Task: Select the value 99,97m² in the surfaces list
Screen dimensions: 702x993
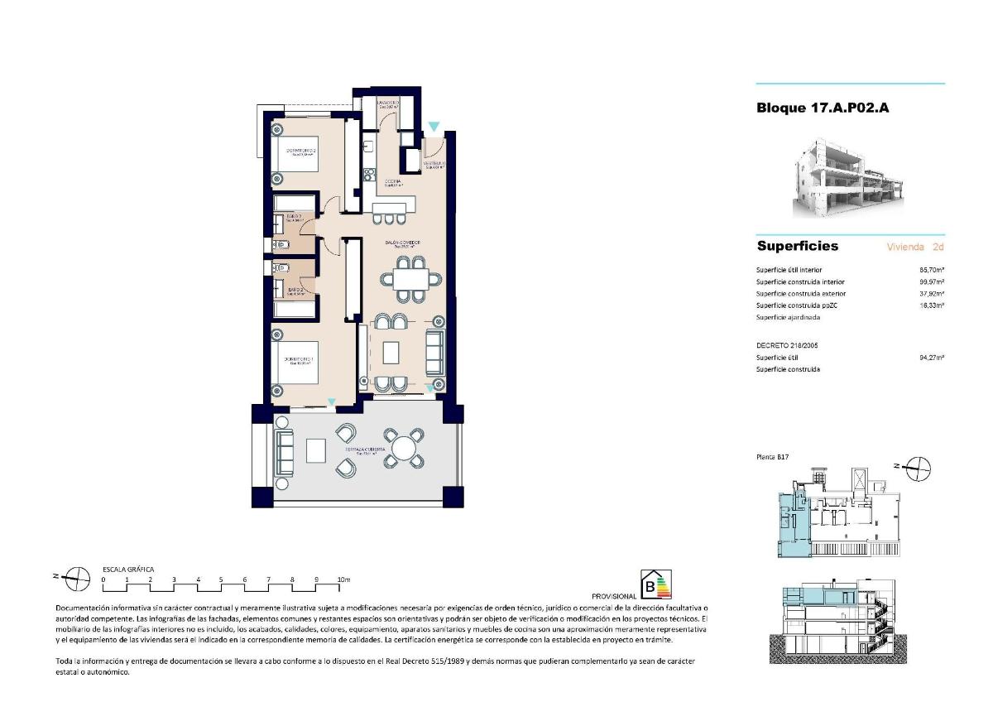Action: pyautogui.click(x=931, y=281)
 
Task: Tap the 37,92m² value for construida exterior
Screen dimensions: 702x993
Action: pyautogui.click(x=931, y=293)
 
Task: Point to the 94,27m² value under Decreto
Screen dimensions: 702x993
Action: pyautogui.click(x=931, y=358)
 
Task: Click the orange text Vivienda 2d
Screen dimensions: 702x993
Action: pyautogui.click(x=914, y=247)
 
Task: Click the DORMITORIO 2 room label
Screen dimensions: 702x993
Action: pyautogui.click(x=295, y=151)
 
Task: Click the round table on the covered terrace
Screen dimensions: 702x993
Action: pyautogui.click(x=405, y=448)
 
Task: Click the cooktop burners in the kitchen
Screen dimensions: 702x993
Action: pyautogui.click(x=369, y=175)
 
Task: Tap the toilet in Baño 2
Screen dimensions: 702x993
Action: pyautogui.click(x=279, y=267)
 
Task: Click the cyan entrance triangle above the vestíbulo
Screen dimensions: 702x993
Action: pyautogui.click(x=434, y=127)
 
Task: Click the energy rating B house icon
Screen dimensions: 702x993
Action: pyautogui.click(x=659, y=584)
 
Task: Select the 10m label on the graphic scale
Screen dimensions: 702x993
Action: pyautogui.click(x=344, y=579)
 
